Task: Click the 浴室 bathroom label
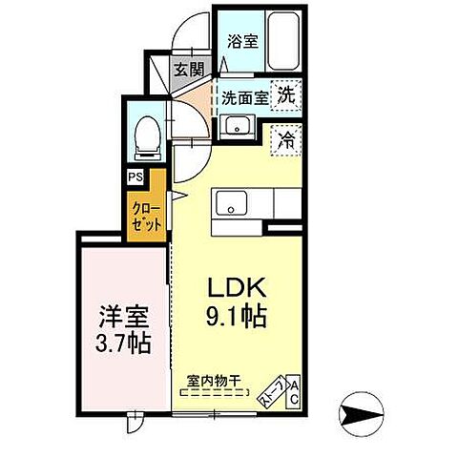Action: pyautogui.click(x=242, y=41)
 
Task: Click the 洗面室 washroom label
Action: pyautogui.click(x=245, y=95)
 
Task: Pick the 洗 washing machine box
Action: pyautogui.click(x=285, y=94)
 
